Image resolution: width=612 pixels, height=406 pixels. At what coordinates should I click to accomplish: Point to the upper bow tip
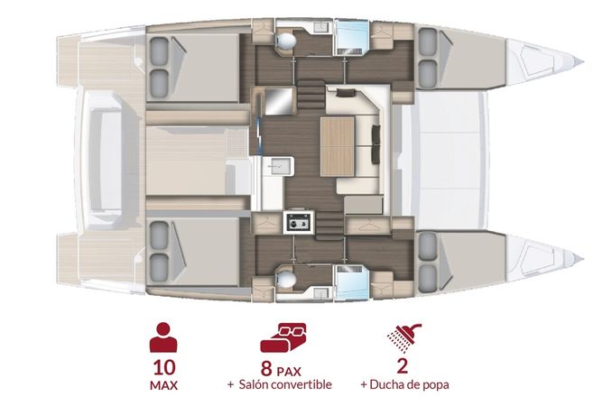pos(578,61)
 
